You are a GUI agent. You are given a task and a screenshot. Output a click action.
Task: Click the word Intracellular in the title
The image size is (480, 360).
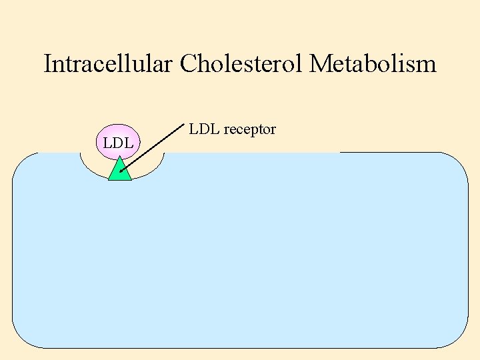click(109, 64)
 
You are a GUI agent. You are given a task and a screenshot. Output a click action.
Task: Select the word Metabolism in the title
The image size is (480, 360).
click(373, 64)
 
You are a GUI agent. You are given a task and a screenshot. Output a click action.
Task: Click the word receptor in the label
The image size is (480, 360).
click(250, 129)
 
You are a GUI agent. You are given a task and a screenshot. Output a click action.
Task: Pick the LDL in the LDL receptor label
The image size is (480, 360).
click(205, 129)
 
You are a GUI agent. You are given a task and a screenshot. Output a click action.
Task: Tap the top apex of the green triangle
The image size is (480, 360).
click(119, 158)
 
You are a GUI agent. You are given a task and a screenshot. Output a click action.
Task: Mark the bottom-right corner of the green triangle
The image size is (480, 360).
click(131, 180)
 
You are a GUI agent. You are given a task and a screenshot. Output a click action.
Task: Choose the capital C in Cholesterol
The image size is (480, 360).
click(189, 64)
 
